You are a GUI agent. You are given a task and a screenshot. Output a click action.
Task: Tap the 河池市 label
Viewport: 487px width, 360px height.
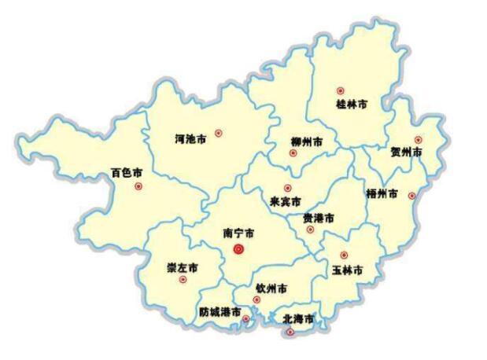point(190,139)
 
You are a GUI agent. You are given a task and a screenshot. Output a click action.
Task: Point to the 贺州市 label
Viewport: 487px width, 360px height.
point(407,152)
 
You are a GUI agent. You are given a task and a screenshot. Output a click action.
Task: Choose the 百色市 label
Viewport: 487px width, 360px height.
point(127,172)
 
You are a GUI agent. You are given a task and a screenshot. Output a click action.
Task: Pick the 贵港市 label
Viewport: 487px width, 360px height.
point(319,218)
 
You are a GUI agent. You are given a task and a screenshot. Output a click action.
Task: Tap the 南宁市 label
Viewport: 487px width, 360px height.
point(238,233)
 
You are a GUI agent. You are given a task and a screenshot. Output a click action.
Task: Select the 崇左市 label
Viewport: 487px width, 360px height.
point(183,267)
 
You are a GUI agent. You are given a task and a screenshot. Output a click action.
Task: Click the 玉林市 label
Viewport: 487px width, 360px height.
point(347,270)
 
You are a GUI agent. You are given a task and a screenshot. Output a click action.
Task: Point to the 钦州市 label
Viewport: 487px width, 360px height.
point(271,288)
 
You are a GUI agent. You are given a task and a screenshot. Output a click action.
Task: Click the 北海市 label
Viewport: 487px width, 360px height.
point(298,319)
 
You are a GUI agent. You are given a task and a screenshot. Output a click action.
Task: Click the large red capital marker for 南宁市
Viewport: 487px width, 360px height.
point(239,249)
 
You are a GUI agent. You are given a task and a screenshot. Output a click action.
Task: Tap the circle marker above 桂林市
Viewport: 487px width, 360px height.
point(341,91)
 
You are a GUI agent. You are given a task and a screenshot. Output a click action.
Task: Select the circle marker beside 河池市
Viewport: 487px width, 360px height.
point(219,134)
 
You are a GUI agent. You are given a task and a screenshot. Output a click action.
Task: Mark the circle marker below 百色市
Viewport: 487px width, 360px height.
point(138,186)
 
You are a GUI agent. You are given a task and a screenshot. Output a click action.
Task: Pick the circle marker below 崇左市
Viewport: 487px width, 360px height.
point(183,279)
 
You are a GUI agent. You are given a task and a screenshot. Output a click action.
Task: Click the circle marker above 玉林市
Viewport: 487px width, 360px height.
point(344,255)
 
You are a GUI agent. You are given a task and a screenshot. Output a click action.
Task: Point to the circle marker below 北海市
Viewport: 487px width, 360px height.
point(291,332)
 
